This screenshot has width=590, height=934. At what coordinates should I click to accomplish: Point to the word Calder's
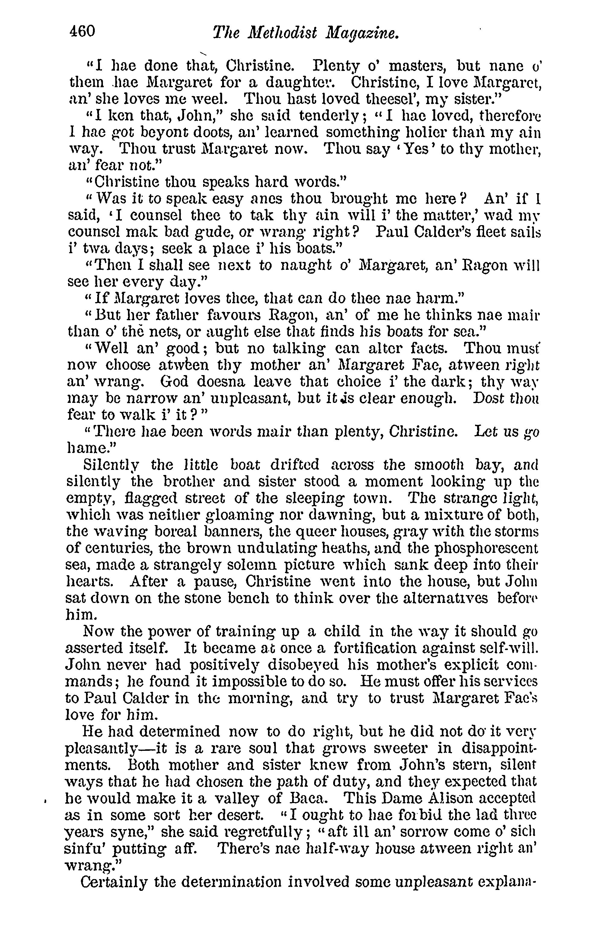point(417,231)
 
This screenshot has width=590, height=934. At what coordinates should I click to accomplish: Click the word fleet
point(476,231)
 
